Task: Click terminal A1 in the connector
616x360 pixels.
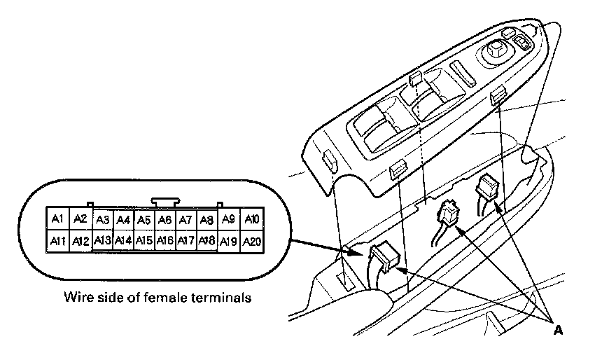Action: click(57, 219)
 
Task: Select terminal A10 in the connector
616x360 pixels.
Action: click(252, 219)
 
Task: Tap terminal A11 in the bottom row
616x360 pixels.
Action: click(57, 242)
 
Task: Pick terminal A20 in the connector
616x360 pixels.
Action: click(252, 242)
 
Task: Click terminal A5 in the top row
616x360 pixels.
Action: click(144, 220)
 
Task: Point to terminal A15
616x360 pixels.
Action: click(144, 242)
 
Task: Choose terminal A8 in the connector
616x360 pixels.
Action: click(206, 220)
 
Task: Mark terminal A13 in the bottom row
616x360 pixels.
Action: click(103, 242)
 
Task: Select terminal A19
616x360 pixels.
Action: click(229, 242)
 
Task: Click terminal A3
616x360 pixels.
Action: click(103, 220)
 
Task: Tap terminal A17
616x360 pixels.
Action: click(185, 242)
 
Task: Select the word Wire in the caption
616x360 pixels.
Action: click(76, 298)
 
